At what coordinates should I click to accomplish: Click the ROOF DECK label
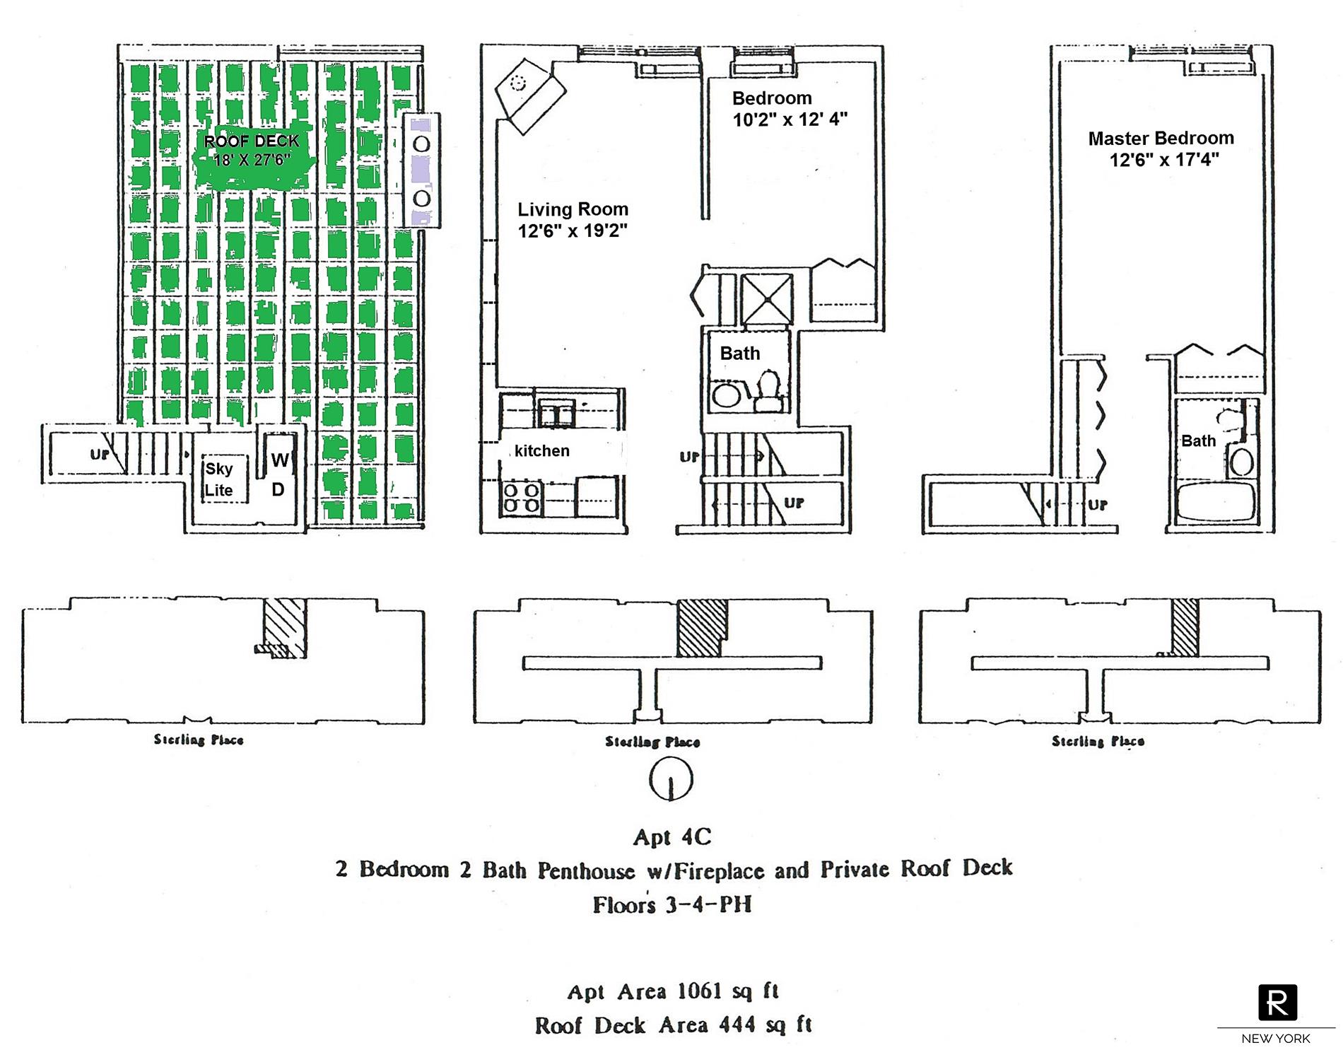coord(252,141)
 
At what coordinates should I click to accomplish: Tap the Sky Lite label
coord(218,479)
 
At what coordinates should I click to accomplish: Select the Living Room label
coord(573,209)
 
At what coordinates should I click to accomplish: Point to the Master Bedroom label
coord(1161,139)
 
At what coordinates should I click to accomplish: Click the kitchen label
coord(542,451)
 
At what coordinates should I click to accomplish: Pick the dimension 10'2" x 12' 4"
coord(790,119)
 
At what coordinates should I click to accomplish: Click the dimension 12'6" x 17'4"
coord(1164,160)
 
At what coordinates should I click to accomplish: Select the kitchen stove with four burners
coord(522,498)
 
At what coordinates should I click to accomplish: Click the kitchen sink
coord(556,413)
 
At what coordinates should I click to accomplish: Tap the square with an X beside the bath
coord(766,299)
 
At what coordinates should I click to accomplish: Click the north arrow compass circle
coord(670,779)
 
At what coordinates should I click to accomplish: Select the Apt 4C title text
coord(671,838)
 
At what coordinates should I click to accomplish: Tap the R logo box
coord(1277,1002)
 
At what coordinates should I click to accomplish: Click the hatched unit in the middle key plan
coord(700,628)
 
